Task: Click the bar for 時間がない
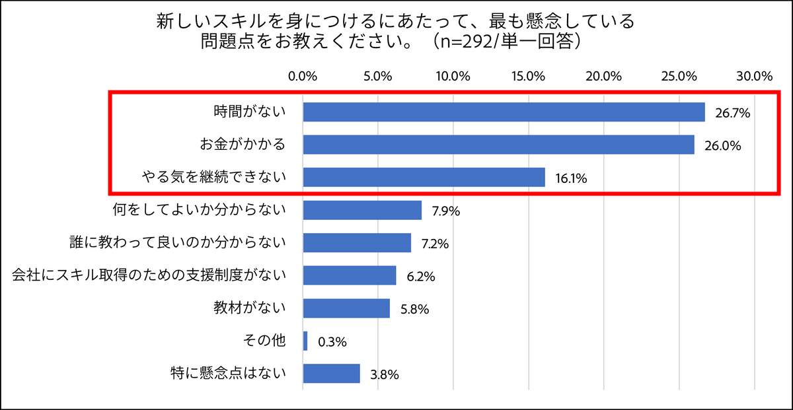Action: [504, 112]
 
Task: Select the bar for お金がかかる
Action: [498, 145]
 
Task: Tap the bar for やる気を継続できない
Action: [424, 177]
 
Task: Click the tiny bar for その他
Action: [305, 341]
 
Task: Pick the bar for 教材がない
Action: [346, 308]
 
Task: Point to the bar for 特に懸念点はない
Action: [331, 374]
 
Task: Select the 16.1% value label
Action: [571, 178]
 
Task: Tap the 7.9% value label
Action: [445, 211]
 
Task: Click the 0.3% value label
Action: [332, 342]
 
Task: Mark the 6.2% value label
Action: [420, 277]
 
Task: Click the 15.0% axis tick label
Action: [529, 75]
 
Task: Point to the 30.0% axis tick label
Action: [754, 75]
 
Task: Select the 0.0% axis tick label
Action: [303, 75]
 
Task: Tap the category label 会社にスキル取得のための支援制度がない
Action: [149, 275]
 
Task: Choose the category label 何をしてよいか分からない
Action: [199, 210]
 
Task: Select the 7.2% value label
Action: [435, 244]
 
